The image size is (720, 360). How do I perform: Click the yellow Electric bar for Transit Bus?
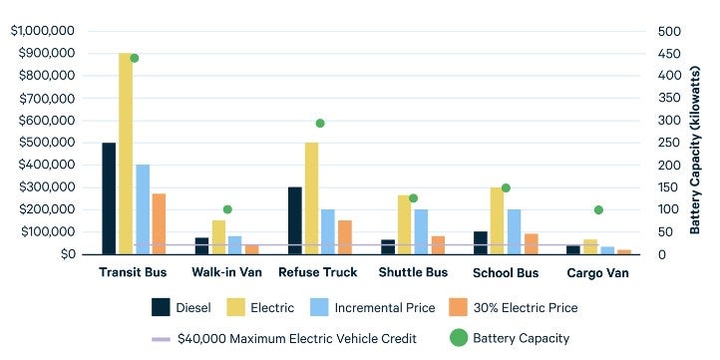click(x=126, y=154)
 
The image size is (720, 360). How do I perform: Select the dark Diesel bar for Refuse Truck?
click(x=295, y=220)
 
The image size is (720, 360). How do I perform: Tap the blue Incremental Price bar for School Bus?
click(x=515, y=231)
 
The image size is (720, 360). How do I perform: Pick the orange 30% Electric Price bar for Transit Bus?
click(x=159, y=223)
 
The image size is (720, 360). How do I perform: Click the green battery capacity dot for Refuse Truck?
click(x=320, y=123)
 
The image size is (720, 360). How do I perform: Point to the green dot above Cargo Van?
click(x=598, y=209)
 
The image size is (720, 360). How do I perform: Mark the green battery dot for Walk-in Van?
click(x=227, y=209)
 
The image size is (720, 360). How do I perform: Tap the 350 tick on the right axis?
click(x=668, y=99)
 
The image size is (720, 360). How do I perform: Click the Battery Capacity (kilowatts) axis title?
click(x=694, y=151)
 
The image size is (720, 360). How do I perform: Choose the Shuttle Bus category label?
click(x=413, y=272)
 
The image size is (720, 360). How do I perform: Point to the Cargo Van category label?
click(x=598, y=273)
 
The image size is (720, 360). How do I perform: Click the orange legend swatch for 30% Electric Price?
click(x=458, y=307)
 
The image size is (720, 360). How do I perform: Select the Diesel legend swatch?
click(x=161, y=307)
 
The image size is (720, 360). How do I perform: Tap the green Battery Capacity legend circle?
click(x=458, y=338)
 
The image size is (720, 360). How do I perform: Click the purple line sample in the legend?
click(x=161, y=339)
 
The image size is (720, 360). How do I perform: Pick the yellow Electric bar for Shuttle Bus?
click(x=405, y=224)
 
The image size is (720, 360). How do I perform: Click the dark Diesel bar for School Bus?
click(x=481, y=243)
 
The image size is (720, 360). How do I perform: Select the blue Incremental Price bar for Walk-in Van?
click(x=234, y=245)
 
